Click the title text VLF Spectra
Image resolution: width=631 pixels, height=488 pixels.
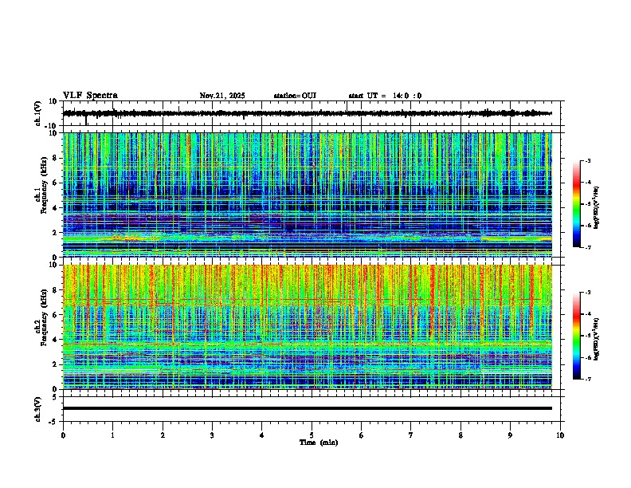coord(90,96)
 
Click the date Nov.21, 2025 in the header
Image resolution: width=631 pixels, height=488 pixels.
coord(222,96)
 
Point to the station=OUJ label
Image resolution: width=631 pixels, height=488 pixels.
coord(295,96)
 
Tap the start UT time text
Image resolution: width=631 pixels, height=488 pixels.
coord(385,96)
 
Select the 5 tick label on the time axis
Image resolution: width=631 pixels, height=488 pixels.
coord(312,435)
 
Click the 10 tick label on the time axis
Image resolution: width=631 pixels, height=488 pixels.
coord(560,435)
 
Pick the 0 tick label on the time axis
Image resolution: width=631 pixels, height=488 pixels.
coord(63,435)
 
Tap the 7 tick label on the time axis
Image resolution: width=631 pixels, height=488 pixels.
coord(411,435)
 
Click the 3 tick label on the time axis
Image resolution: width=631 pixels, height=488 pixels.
coord(212,435)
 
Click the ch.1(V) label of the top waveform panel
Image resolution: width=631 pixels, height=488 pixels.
coord(38,114)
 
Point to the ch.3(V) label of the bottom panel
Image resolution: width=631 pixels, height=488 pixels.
coord(38,408)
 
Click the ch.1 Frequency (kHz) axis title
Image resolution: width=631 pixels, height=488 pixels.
coord(40,195)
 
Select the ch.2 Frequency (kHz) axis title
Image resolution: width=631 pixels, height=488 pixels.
coord(40,326)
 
